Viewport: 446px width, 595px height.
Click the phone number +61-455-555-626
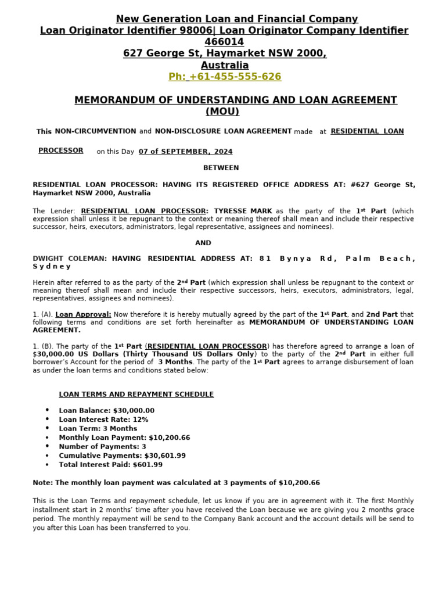[x=224, y=77]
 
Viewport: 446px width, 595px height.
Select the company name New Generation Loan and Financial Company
[x=236, y=19]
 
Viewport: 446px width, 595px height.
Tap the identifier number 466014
[x=224, y=42]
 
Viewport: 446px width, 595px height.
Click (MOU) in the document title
[x=222, y=112]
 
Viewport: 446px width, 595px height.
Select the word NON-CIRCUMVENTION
[x=95, y=131]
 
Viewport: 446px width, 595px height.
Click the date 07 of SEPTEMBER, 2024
[x=185, y=152]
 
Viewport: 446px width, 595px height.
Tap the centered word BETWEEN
[x=221, y=168]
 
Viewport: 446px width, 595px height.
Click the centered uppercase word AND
[x=203, y=243]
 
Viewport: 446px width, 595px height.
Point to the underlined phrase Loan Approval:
[x=83, y=314]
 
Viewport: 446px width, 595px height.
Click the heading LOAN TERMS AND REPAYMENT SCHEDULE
[x=136, y=395]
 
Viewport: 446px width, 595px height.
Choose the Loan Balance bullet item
[x=106, y=411]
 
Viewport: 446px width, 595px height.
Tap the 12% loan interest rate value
[x=141, y=420]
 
